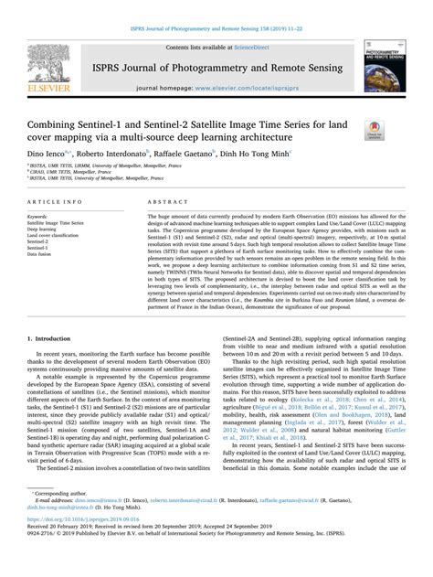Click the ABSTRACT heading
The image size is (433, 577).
click(164, 200)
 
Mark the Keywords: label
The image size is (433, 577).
click(45, 216)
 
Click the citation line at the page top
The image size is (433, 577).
click(216, 8)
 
